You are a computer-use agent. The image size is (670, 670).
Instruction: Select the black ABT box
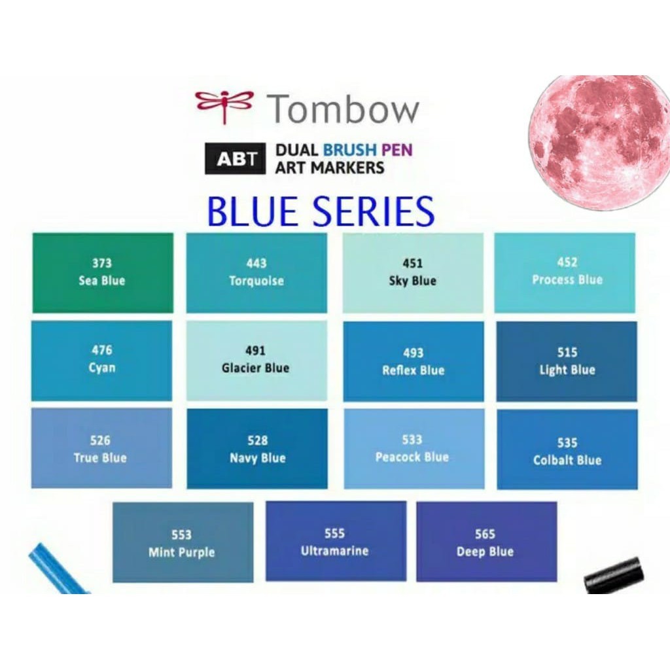236,158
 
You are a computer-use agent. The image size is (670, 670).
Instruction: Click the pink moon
599,142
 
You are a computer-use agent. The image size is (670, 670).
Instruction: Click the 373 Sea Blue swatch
103,273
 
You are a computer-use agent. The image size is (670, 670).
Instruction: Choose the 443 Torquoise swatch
256,273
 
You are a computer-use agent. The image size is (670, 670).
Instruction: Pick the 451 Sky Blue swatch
413,273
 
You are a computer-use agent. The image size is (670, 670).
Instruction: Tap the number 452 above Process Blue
567,262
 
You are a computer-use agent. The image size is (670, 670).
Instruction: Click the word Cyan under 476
102,368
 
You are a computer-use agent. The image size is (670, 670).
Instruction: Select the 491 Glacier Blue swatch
256,361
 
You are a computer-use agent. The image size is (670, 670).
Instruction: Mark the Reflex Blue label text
413,370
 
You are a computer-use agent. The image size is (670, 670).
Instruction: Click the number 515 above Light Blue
567,353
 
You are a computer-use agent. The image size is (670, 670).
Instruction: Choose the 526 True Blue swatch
101,448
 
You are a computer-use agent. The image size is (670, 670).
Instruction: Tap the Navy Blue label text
257,458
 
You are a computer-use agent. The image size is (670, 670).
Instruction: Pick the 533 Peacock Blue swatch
413,448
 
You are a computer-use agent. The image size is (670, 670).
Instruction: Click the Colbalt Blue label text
567,460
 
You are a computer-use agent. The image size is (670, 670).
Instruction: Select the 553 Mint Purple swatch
183,542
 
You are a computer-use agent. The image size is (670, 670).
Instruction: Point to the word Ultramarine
334,551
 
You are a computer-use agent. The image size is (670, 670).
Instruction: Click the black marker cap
613,575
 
